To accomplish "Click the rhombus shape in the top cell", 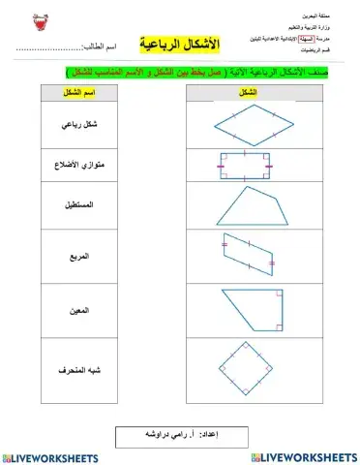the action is (249, 123).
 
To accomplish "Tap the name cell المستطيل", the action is (84, 207).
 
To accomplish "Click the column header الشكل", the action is (248, 91).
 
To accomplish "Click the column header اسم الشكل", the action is (84, 91).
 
